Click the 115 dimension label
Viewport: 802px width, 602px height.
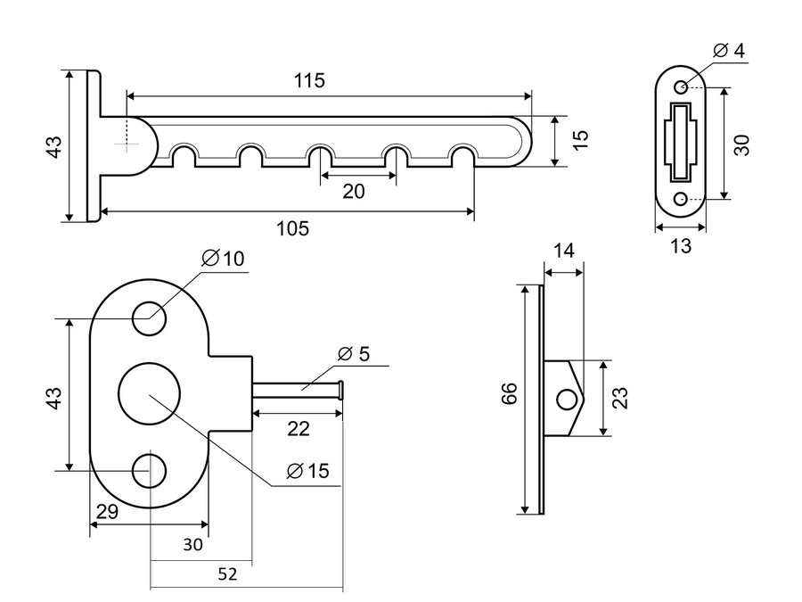pos(309,81)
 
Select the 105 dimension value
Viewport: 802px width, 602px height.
pos(292,228)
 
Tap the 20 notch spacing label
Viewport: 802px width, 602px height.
pos(354,192)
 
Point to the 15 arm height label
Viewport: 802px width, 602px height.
pos(580,140)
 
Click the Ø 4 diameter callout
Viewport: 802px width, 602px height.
pos(729,51)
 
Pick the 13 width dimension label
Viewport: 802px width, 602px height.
pos(680,246)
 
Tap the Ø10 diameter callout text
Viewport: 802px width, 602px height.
pos(223,259)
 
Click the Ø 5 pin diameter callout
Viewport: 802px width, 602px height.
pos(354,354)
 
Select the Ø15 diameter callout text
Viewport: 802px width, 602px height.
pos(308,471)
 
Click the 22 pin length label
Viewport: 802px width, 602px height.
pos(299,429)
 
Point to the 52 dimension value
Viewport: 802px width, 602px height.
pos(227,574)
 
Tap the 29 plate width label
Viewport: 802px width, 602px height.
pos(108,511)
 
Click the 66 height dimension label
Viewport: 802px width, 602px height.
pos(510,393)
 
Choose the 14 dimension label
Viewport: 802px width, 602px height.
pos(564,251)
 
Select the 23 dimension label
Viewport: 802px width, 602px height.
pos(620,398)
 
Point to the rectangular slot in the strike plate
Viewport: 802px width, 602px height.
pos(680,142)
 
